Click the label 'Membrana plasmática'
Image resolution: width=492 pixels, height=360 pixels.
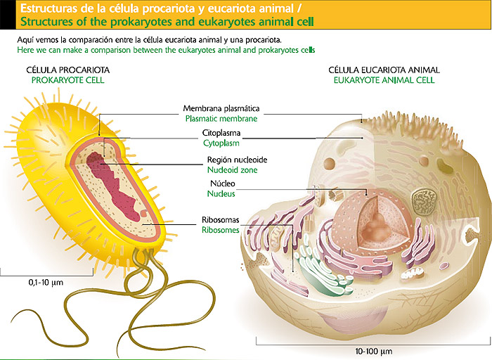221,109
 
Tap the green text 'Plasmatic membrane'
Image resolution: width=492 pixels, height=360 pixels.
221,120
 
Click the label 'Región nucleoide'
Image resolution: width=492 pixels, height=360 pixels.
233,160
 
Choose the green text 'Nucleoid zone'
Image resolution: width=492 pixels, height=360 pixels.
233,170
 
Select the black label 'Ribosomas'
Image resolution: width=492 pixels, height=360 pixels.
220,220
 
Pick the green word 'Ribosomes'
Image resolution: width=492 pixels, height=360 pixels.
220,230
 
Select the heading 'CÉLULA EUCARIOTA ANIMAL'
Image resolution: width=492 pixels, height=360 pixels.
384,70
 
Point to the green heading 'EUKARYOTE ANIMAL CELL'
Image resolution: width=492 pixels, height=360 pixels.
384,81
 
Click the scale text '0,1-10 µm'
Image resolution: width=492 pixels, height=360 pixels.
46,282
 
